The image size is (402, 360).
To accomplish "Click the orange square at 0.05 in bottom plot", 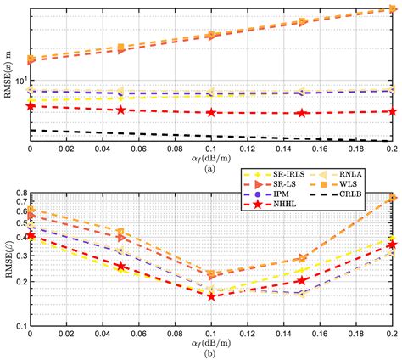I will (120, 232).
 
